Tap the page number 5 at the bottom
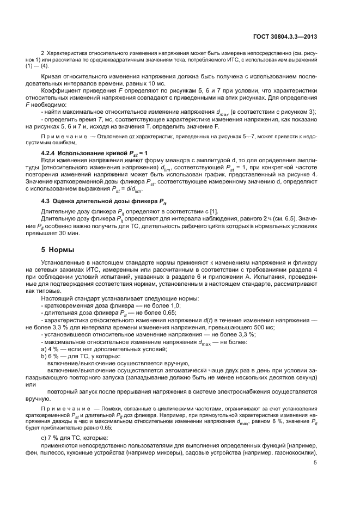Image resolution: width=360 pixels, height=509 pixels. [x=315, y=463]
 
